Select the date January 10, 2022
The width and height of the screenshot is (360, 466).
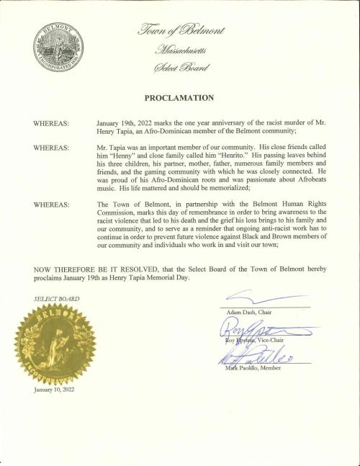(54, 390)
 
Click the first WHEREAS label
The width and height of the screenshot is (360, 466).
(51, 125)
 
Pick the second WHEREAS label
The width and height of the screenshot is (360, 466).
(51, 146)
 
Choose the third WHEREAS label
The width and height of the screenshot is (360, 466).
(51, 205)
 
